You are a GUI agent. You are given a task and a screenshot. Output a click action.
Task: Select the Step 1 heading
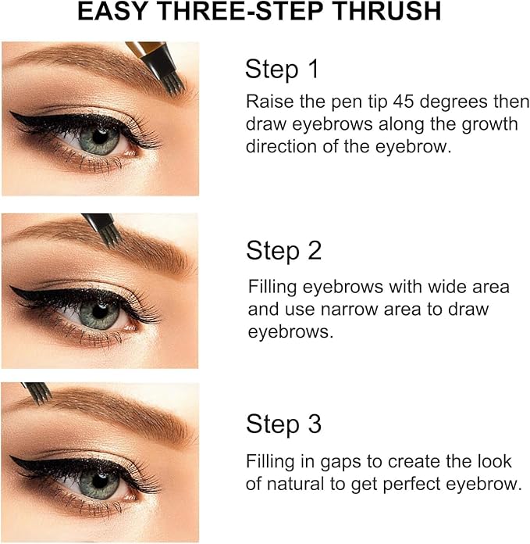pos(283,70)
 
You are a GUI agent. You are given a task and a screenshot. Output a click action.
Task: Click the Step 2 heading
pos(283,251)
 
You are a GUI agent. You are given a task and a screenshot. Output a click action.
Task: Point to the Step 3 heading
pos(283,424)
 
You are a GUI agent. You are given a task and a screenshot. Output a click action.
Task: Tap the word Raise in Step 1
pos(267,102)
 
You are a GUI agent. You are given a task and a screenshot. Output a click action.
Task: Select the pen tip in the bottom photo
pos(41,392)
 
